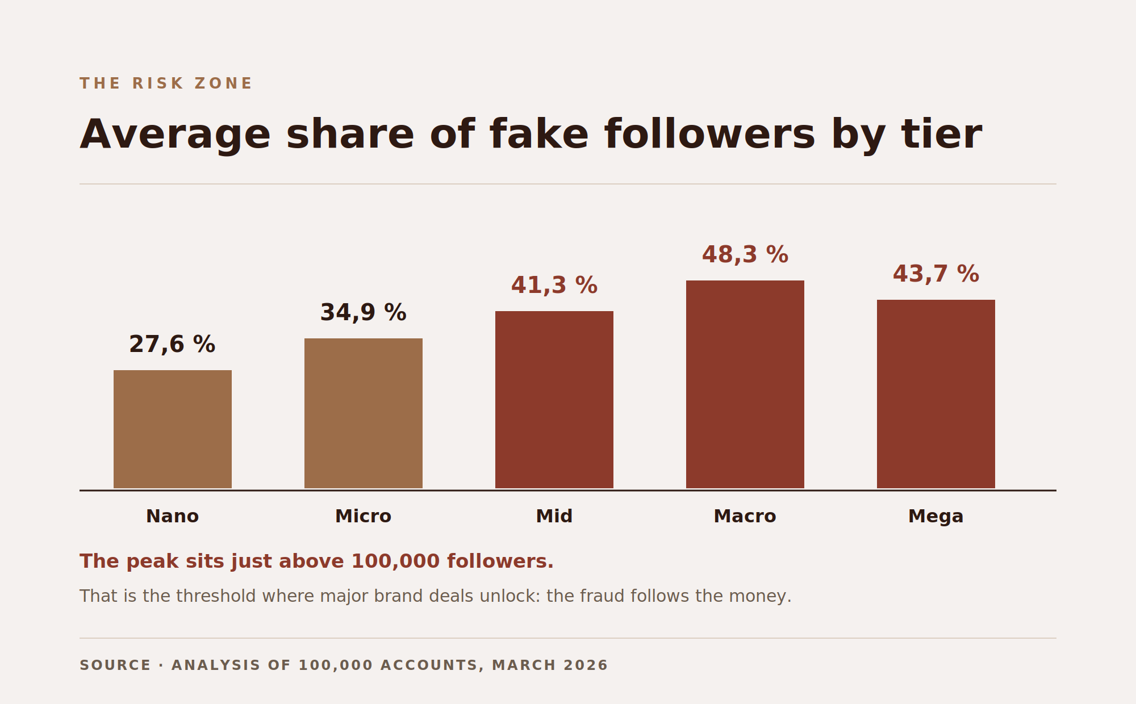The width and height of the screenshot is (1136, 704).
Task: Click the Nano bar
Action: [x=173, y=429]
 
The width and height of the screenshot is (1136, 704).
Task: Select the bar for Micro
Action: [x=364, y=413]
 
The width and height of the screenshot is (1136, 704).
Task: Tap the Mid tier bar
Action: [x=554, y=400]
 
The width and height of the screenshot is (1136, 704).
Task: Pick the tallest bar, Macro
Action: [x=745, y=384]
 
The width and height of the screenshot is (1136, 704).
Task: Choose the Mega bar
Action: [x=936, y=394]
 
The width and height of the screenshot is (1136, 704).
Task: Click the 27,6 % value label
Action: [x=172, y=345]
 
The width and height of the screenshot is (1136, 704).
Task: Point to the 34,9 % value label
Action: [x=364, y=313]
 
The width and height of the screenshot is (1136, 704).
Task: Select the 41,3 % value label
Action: [x=554, y=286]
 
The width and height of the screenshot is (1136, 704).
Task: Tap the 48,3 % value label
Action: [x=745, y=255]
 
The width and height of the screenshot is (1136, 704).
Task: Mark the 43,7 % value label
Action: [x=936, y=274]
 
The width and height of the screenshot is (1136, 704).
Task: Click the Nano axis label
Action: [x=173, y=517]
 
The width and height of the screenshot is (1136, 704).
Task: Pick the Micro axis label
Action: [x=364, y=517]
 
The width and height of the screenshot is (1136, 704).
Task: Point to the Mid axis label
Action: [x=554, y=517]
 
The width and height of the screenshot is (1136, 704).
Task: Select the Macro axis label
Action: [x=745, y=517]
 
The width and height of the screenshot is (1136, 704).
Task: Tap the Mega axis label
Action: [x=936, y=517]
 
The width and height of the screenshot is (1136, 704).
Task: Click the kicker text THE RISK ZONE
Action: [x=166, y=83]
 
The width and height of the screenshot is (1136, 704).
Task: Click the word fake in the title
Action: [x=539, y=135]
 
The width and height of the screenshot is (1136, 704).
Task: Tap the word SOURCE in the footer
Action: [x=115, y=665]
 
